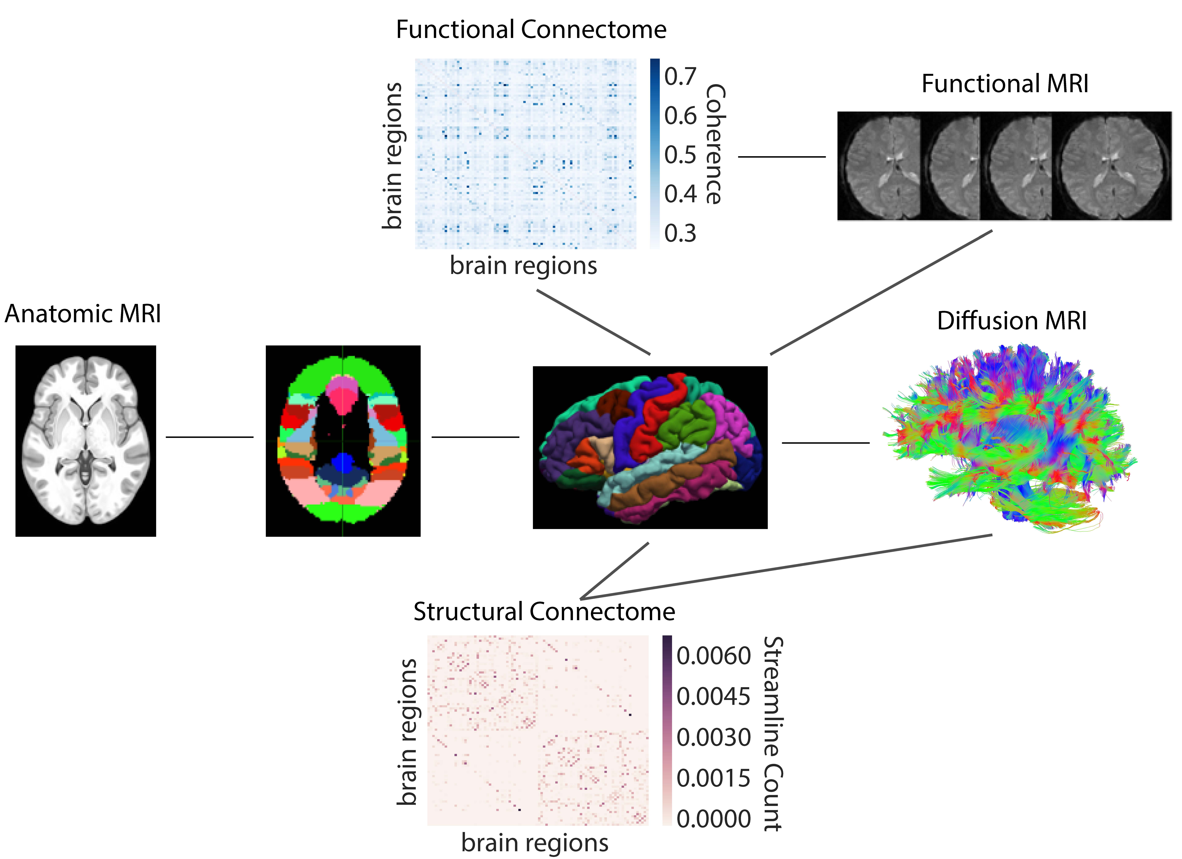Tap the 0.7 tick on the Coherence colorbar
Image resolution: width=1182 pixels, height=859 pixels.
[x=680, y=77]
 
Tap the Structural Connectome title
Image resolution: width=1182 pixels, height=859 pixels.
[x=544, y=611]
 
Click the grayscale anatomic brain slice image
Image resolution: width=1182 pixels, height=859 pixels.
[x=85, y=441]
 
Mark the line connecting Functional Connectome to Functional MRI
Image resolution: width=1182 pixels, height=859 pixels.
[x=782, y=156]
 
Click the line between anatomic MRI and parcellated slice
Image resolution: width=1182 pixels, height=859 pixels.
[x=210, y=437]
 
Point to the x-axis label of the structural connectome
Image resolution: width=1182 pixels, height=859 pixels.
[x=535, y=843]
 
